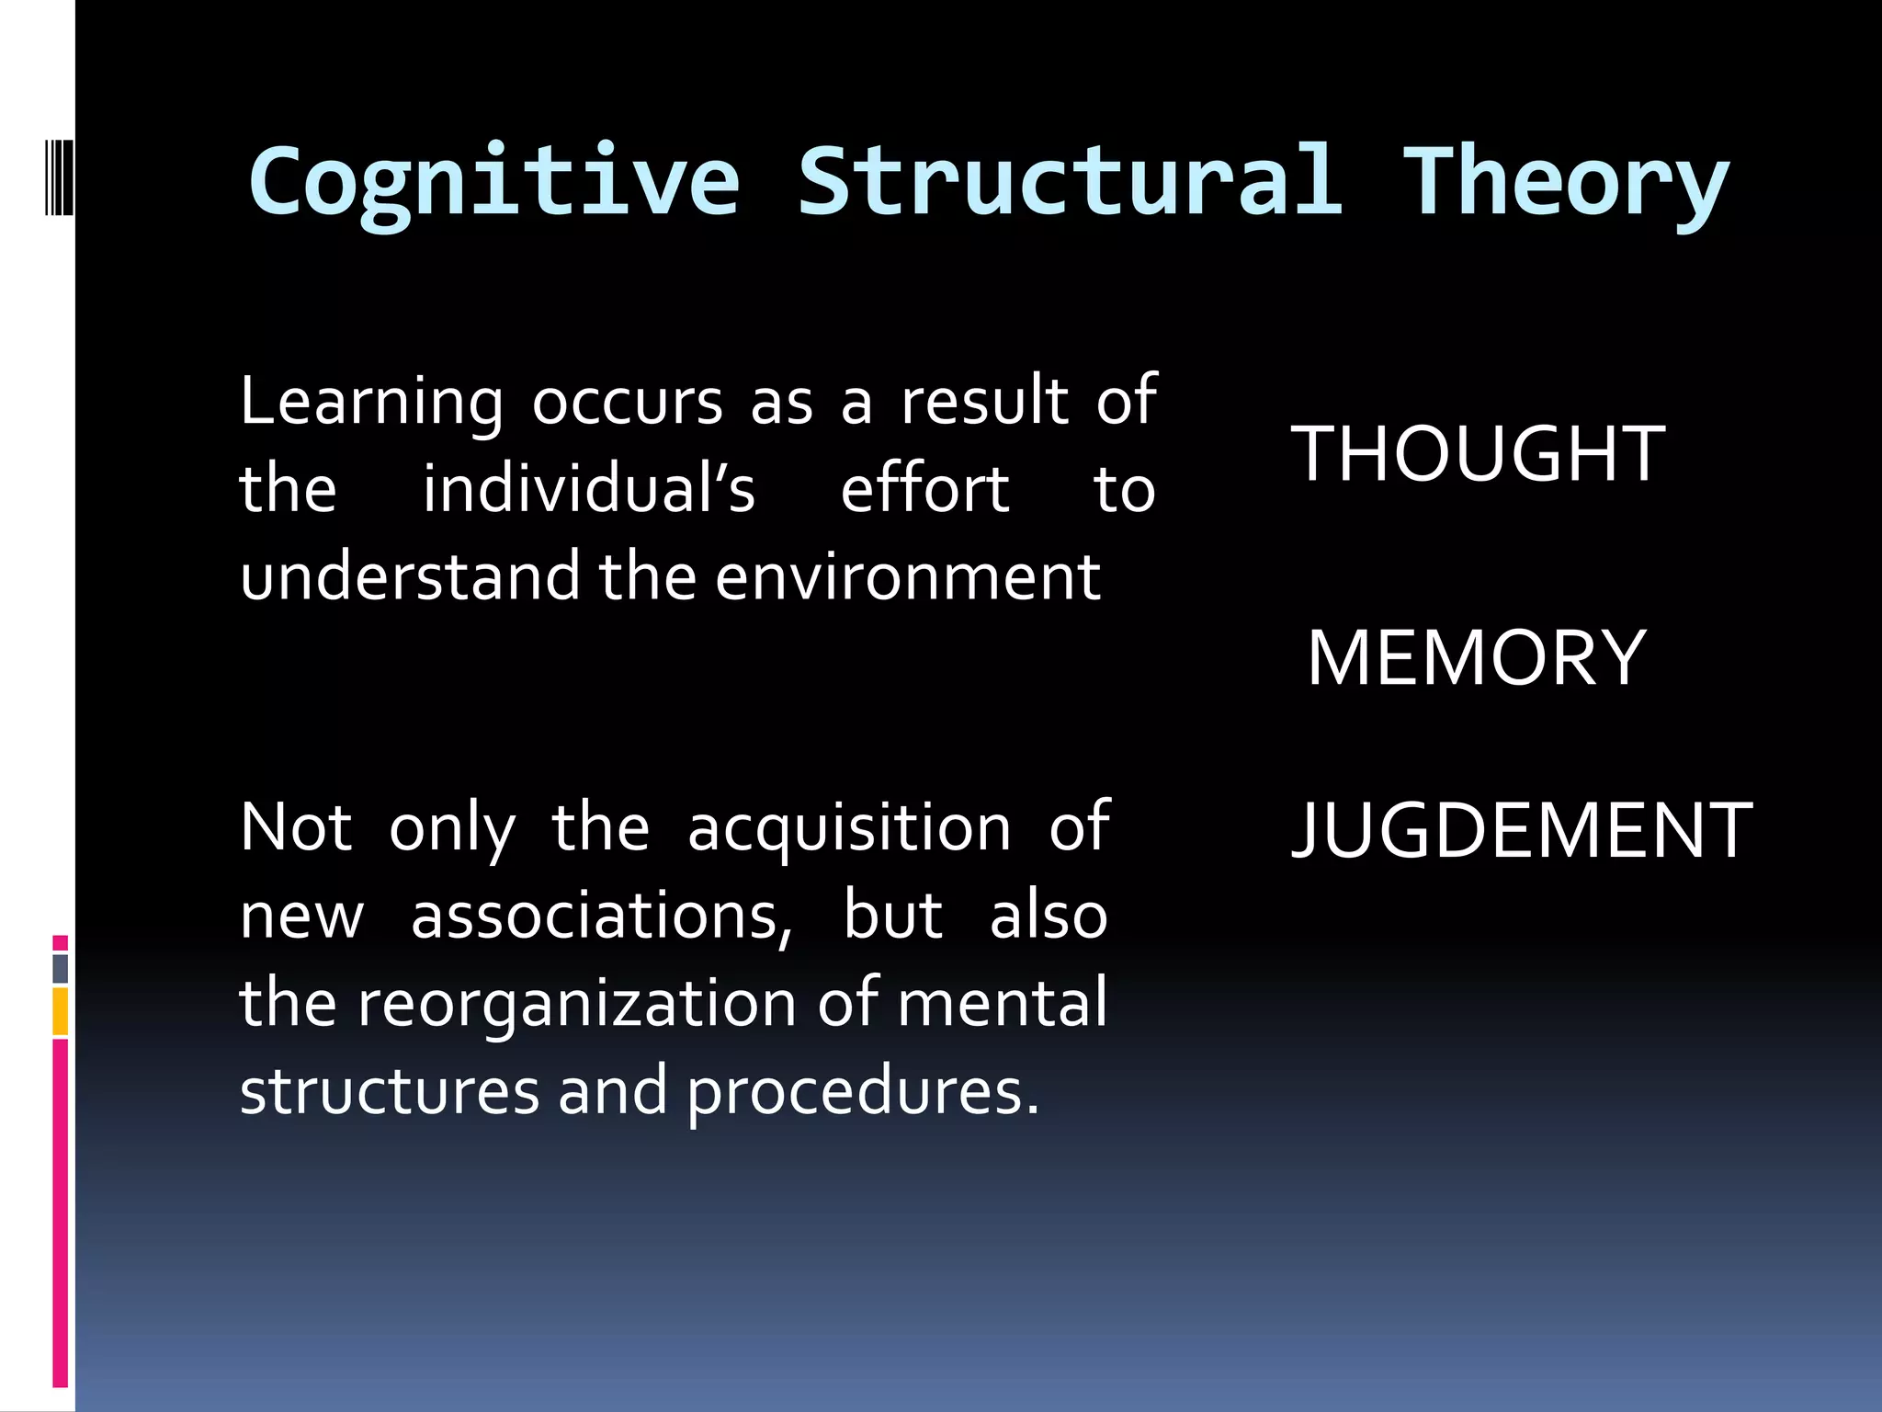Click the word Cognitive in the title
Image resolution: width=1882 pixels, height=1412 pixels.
pos(493,182)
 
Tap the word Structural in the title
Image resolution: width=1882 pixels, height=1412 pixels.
pos(1069,182)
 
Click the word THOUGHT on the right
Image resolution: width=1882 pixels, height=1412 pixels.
pos(1478,453)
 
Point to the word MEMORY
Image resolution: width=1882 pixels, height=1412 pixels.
pos(1476,657)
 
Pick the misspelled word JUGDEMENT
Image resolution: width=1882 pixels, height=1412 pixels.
pos(1522,830)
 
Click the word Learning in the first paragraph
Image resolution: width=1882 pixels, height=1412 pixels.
pos(371,403)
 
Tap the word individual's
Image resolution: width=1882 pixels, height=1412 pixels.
pos(588,489)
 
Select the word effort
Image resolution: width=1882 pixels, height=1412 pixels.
pos(924,489)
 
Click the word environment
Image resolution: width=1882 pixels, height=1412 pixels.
pos(908,577)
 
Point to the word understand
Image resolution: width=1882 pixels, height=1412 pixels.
pos(410,577)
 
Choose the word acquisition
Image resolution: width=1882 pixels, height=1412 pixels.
pos(849,827)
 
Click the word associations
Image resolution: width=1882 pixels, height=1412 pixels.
pos(601,916)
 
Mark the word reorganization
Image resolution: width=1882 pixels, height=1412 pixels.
pos(577,1004)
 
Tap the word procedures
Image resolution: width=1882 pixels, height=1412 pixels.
pos(862,1092)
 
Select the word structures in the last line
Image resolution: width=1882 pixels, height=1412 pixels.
pos(390,1092)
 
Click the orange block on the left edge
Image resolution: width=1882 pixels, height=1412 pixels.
pos(61,1011)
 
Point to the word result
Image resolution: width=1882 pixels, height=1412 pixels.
pos(984,401)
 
